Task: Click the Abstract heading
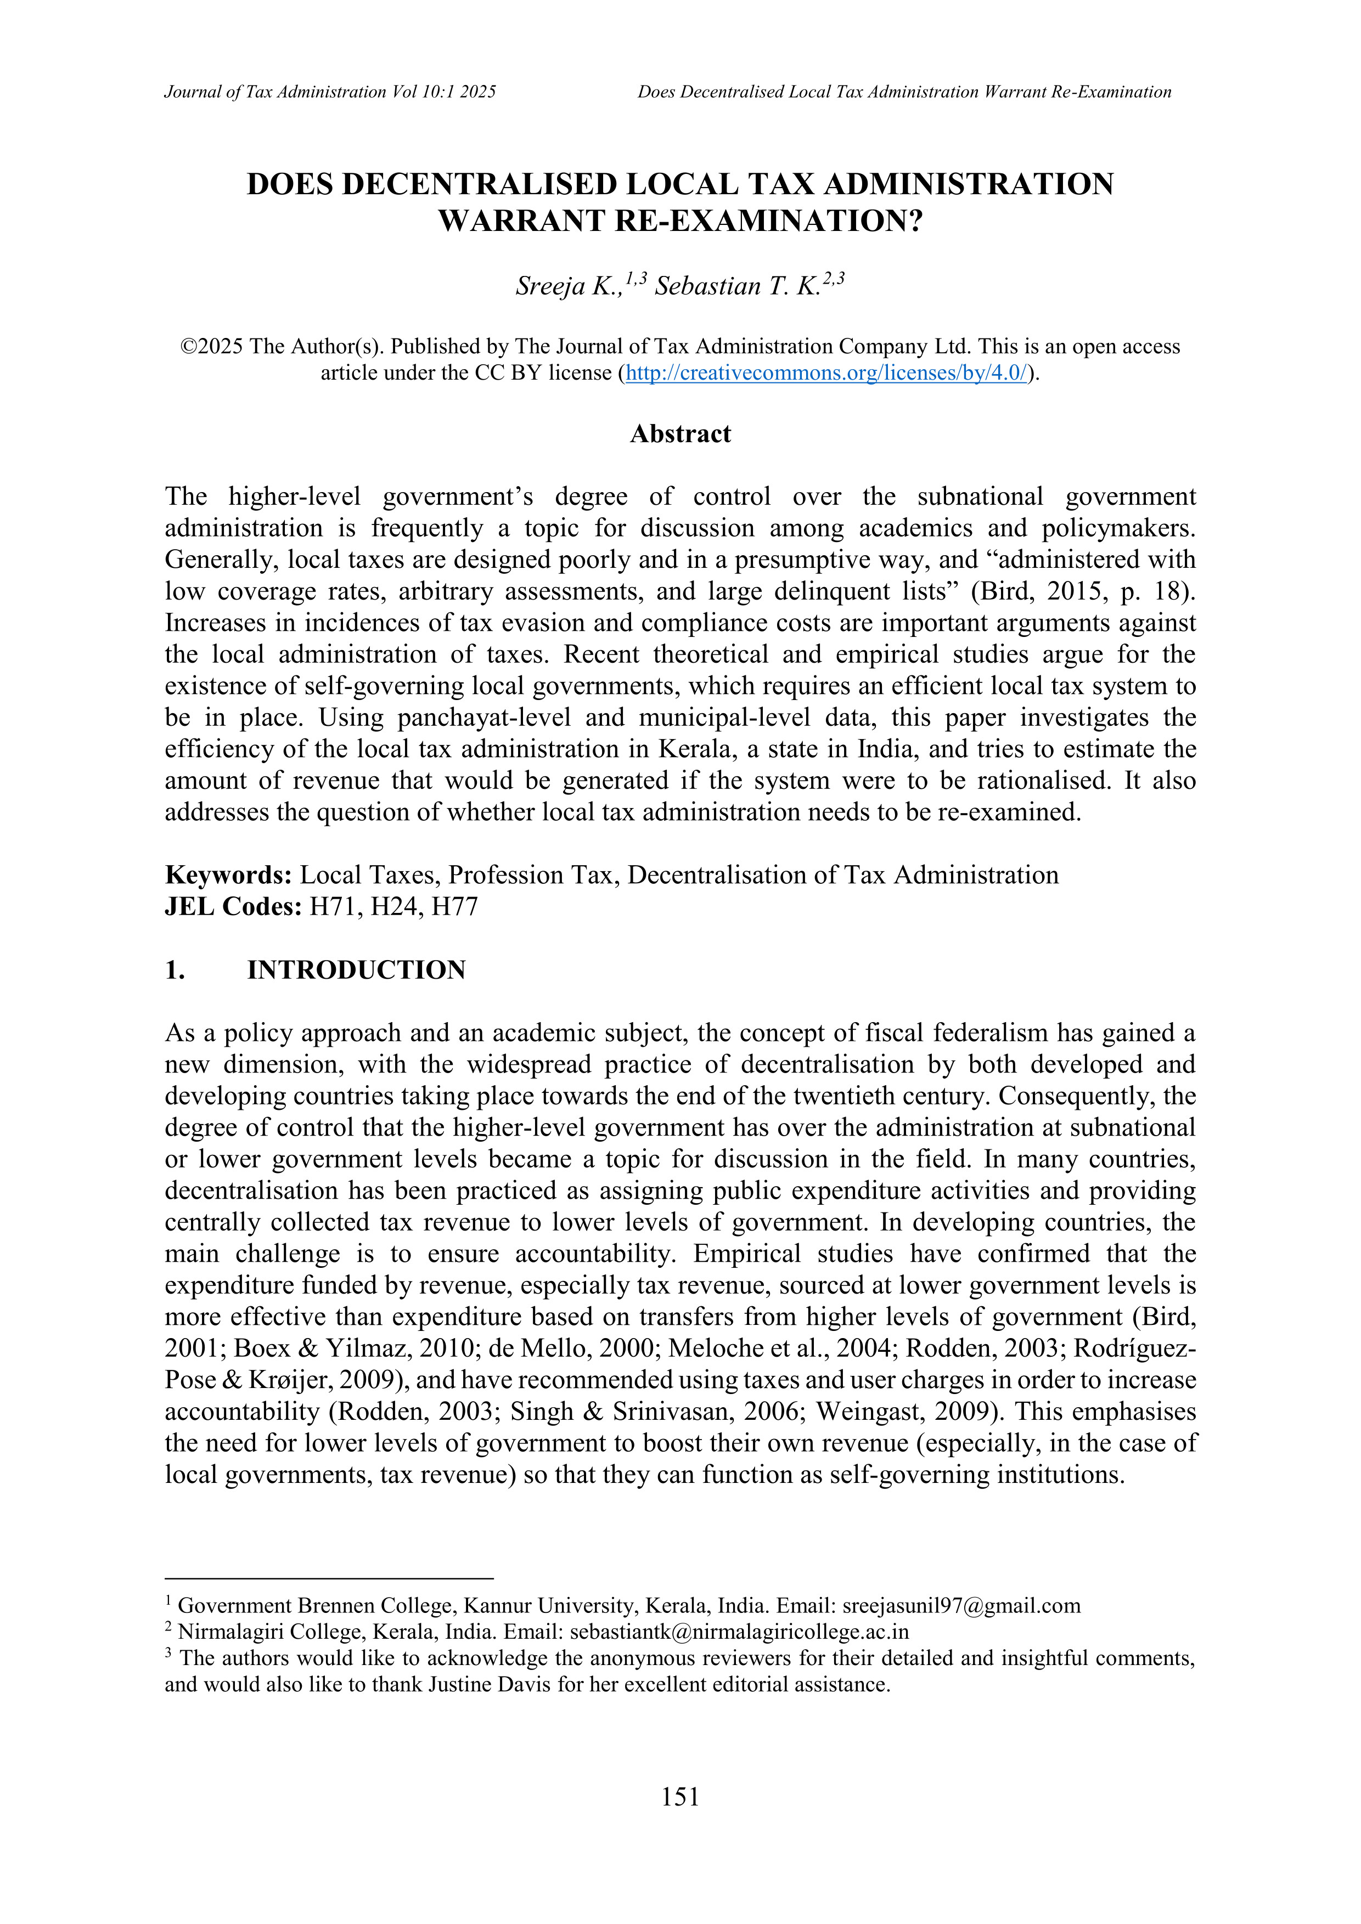click(680, 434)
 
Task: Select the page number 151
click(679, 1796)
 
